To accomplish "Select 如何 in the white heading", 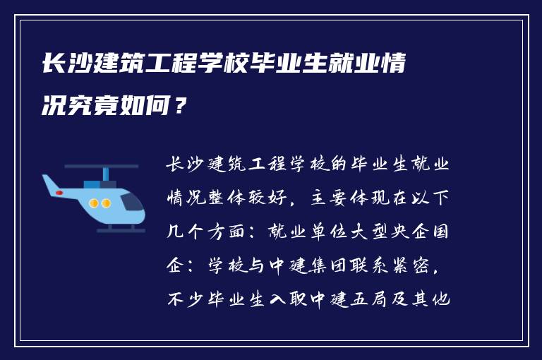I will [x=150, y=108].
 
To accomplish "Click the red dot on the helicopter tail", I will [x=59, y=192].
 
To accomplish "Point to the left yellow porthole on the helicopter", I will [x=95, y=203].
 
